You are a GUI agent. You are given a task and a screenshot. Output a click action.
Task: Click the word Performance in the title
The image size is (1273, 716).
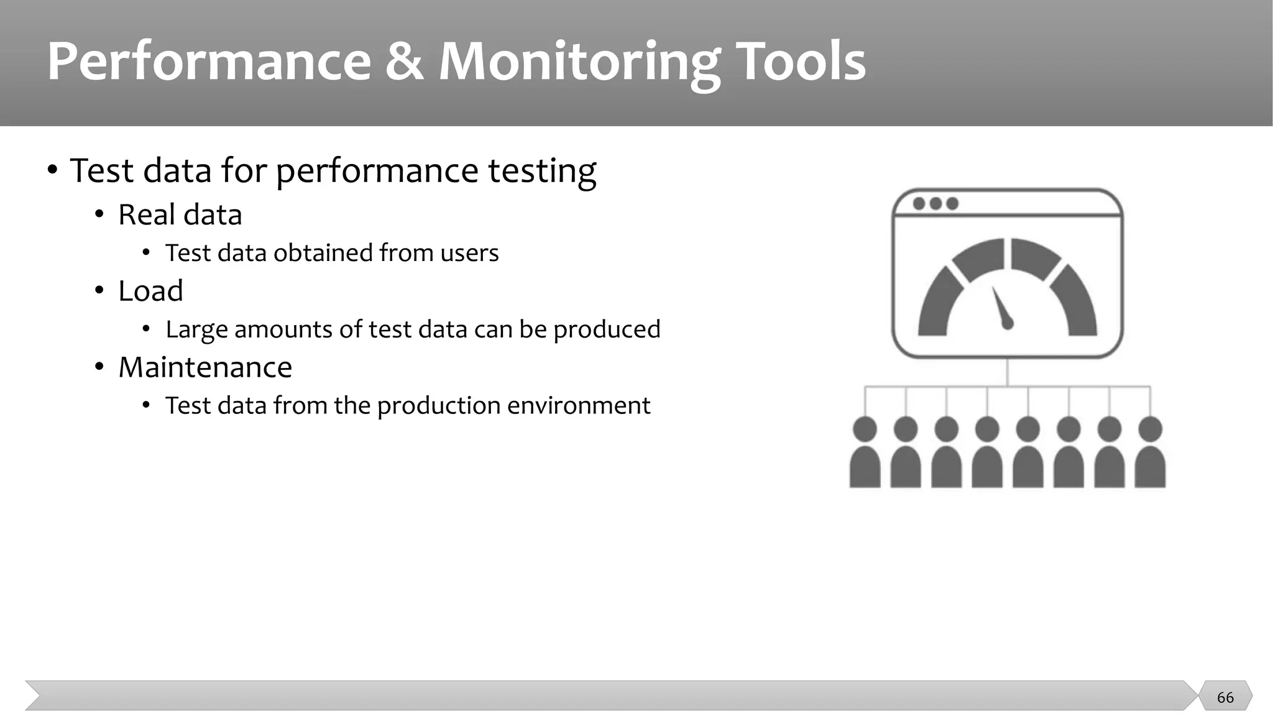[x=209, y=62]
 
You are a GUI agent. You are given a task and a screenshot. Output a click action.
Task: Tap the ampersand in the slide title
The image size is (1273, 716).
[x=404, y=62]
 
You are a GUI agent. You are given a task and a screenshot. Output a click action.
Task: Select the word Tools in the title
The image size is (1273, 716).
[x=801, y=62]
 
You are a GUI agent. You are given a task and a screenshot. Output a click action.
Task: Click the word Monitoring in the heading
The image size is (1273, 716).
[x=579, y=62]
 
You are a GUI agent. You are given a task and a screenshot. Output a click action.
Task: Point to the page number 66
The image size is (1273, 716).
[x=1225, y=697]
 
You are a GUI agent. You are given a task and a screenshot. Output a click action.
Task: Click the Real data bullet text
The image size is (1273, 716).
[x=180, y=215]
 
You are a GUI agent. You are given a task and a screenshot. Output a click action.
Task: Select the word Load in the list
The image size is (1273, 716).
[x=150, y=291]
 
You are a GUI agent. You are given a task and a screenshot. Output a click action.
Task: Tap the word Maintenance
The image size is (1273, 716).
[x=205, y=367]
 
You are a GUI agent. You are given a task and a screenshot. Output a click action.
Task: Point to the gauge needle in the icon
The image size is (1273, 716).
[x=1001, y=308]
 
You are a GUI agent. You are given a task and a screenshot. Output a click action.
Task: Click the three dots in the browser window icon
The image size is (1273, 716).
[x=935, y=204]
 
